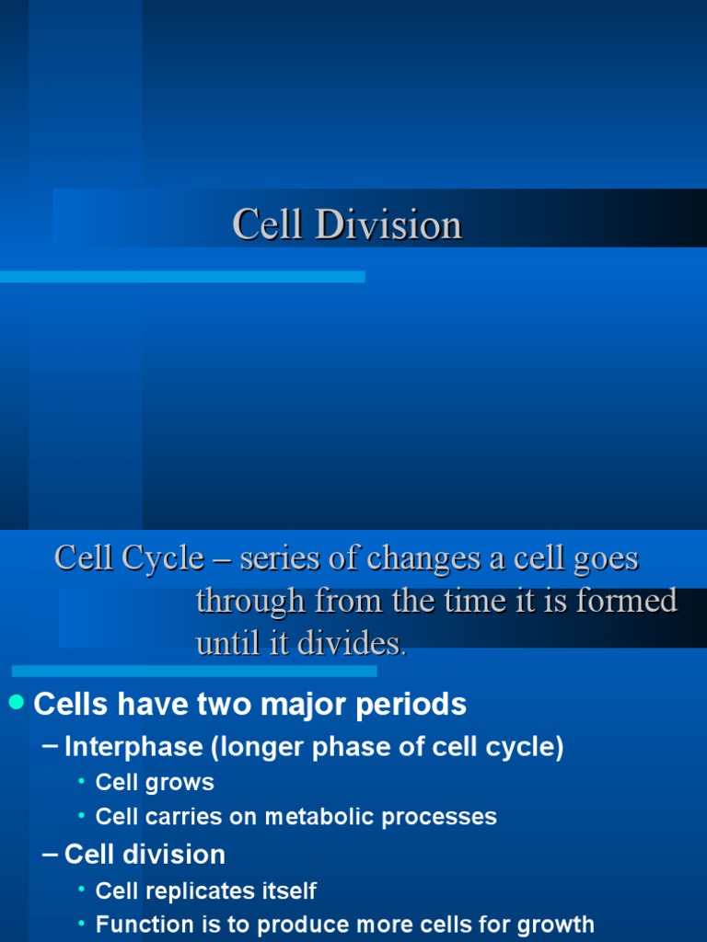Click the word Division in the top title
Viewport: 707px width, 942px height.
pos(388,225)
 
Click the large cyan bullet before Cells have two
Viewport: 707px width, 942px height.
pos(16,704)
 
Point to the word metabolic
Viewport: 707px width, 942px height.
pos(322,817)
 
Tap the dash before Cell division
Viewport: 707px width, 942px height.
pos(52,856)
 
